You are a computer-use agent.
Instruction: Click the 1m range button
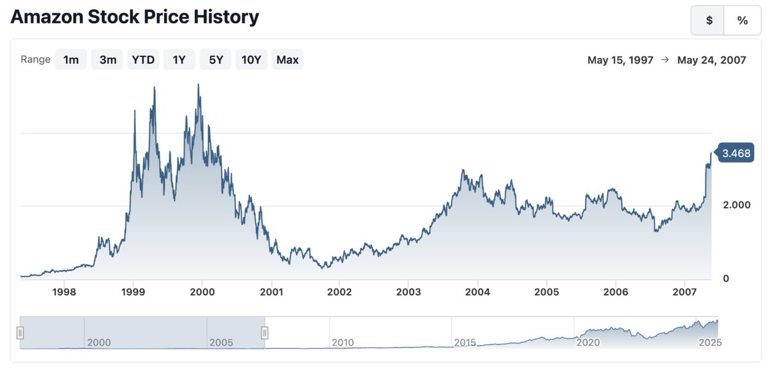pyautogui.click(x=71, y=60)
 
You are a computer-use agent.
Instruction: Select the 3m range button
pyautogui.click(x=107, y=60)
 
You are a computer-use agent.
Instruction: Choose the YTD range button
pyautogui.click(x=143, y=60)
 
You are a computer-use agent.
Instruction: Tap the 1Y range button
pyautogui.click(x=179, y=60)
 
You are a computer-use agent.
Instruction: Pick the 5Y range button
pyautogui.click(x=215, y=60)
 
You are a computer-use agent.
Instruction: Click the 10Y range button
pyautogui.click(x=251, y=60)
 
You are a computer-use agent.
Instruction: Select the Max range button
pyautogui.click(x=287, y=60)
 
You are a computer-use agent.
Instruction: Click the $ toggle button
pyautogui.click(x=709, y=21)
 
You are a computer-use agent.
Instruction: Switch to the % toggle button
pyautogui.click(x=742, y=21)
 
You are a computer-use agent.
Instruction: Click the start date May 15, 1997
pyautogui.click(x=620, y=60)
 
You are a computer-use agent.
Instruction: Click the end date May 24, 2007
pyautogui.click(x=711, y=60)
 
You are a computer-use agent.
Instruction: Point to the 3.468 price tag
pyautogui.click(x=736, y=153)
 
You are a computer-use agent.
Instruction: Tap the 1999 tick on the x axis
pyautogui.click(x=133, y=292)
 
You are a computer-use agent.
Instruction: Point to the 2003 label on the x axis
pyautogui.click(x=409, y=292)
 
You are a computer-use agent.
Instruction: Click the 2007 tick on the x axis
pyautogui.click(x=684, y=292)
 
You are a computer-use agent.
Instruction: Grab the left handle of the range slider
pyautogui.click(x=21, y=332)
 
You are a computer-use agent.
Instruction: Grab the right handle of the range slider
pyautogui.click(x=264, y=332)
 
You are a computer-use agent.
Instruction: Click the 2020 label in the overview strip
pyautogui.click(x=588, y=342)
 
